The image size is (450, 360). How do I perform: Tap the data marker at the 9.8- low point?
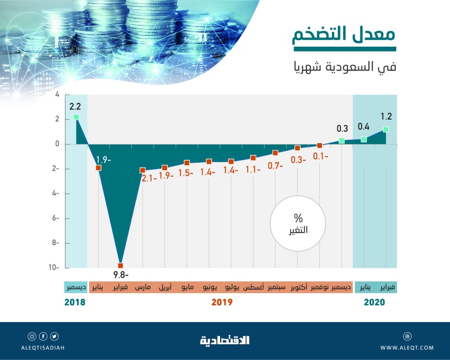point(120,265)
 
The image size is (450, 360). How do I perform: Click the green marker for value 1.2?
point(385,129)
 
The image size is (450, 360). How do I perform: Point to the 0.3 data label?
point(342,128)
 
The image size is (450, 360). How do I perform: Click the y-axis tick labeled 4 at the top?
point(57,95)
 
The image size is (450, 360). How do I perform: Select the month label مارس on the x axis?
point(143,287)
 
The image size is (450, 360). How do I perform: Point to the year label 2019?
point(222,303)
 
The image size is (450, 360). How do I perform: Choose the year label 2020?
point(374,303)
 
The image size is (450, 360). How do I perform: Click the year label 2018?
point(75,303)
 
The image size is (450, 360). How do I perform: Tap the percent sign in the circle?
point(298,218)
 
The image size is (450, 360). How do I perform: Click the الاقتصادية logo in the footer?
point(225,340)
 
